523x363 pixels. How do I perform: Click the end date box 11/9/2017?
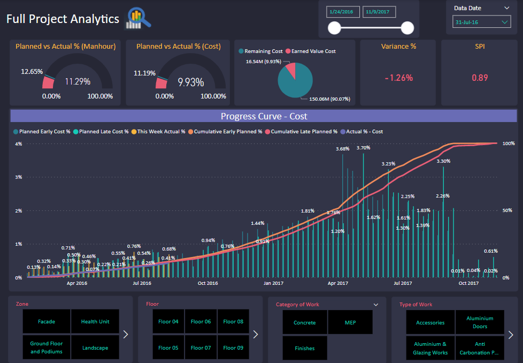(379, 11)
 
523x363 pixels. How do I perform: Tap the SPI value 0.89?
(480, 78)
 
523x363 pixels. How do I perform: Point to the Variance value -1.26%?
(399, 78)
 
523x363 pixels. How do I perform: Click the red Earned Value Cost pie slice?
(290, 70)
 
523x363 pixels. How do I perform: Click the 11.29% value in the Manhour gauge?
(78, 82)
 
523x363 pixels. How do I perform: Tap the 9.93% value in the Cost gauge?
(191, 82)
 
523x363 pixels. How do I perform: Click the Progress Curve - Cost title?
(264, 116)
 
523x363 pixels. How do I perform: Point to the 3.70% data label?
(363, 148)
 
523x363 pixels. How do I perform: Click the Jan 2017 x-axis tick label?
(274, 283)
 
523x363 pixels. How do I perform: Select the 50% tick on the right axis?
(507, 210)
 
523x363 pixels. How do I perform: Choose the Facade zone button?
(47, 322)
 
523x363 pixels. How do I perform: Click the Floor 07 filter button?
(201, 347)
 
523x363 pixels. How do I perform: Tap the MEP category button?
(350, 322)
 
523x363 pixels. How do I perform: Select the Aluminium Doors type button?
(480, 322)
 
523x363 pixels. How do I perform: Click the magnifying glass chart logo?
(138, 19)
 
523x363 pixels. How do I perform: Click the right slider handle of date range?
(407, 28)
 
